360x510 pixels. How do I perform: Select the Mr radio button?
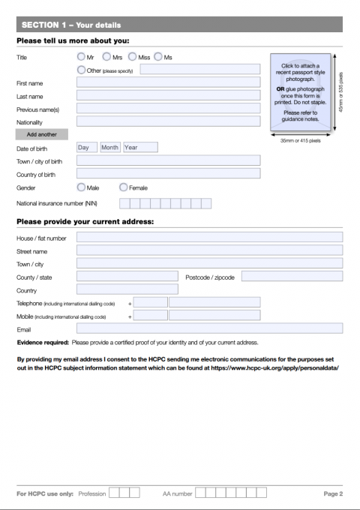coord(81,57)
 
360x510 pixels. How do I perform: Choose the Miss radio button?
coord(133,57)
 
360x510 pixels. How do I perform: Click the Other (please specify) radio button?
coord(81,70)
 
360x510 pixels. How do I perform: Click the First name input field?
coord(168,82)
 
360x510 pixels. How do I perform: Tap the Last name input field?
coord(168,95)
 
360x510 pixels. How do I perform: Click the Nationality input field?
coord(168,121)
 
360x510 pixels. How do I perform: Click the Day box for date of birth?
coord(87,148)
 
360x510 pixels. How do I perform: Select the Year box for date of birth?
coord(140,148)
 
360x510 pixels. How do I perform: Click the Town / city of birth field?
coord(168,160)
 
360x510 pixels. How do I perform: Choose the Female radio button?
coord(124,187)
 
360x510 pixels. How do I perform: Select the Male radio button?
coord(81,187)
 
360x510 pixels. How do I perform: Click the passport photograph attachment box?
coord(299,91)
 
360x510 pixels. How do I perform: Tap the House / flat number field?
coord(209,238)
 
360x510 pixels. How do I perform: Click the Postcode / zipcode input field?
coord(292,277)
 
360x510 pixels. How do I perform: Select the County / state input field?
coord(127,277)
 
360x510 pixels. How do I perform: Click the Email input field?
coord(209,328)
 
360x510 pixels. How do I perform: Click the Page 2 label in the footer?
coord(333,493)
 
